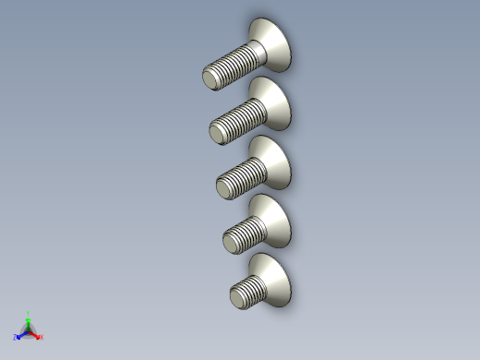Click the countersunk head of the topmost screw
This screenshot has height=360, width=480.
coord(273,43)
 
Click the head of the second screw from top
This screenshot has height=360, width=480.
coord(274,102)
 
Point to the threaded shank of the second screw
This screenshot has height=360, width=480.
coord(238,120)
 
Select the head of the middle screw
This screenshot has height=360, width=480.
coord(274,161)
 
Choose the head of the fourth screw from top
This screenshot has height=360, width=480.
coord(275,219)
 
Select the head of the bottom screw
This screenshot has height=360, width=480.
coord(276,278)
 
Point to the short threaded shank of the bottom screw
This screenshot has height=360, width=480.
coord(251,290)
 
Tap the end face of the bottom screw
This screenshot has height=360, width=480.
coord(237,298)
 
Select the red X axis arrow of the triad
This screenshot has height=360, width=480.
coord(35,334)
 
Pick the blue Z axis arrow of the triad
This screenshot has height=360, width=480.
coord(21,334)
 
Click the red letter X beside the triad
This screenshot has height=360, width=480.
coord(41,337)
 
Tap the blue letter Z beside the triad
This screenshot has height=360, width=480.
coord(16,338)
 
